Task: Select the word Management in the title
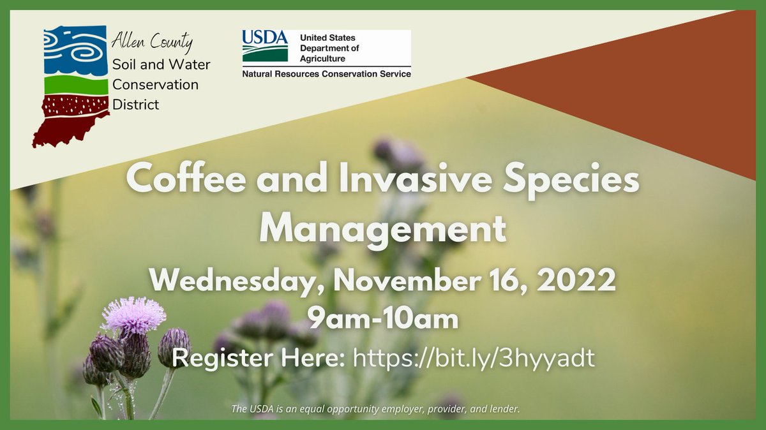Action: click(x=382, y=228)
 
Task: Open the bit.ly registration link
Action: click(x=473, y=358)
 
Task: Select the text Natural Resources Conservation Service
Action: click(x=326, y=74)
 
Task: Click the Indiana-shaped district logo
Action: click(x=70, y=86)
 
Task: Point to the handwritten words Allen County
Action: click(x=152, y=44)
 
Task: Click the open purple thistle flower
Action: click(x=133, y=315)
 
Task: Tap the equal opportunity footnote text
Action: click(x=376, y=408)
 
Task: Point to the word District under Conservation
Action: click(x=135, y=104)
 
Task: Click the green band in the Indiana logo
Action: click(x=76, y=85)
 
